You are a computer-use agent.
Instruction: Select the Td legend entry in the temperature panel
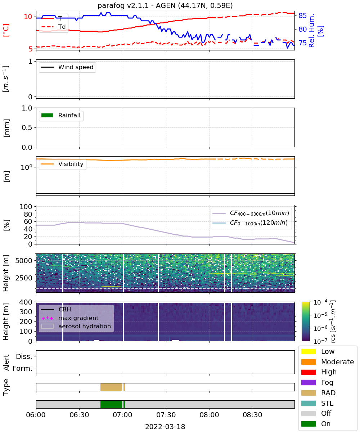54,27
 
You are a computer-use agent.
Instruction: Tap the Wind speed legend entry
67,67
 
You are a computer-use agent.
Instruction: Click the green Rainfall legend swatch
48,115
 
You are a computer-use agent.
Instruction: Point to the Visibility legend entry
62,164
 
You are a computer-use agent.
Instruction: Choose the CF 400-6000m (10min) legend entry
251,213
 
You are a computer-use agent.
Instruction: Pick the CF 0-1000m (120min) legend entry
250,223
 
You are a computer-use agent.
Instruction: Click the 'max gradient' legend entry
70,318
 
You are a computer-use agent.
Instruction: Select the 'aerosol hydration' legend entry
76,326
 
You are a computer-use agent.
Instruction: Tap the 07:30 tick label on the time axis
166,415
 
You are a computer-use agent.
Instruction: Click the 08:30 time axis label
252,415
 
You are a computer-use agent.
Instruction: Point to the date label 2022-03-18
165,427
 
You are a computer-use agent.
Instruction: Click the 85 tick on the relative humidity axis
302,15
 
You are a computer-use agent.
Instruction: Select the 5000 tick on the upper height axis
24,261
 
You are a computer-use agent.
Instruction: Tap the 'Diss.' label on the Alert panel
24,356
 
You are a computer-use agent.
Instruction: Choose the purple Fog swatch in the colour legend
309,383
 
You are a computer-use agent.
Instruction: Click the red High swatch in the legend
309,372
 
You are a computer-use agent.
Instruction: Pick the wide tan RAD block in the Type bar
111,387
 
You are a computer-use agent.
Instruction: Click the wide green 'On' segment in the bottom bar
111,404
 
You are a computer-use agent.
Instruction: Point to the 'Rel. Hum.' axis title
311,31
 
